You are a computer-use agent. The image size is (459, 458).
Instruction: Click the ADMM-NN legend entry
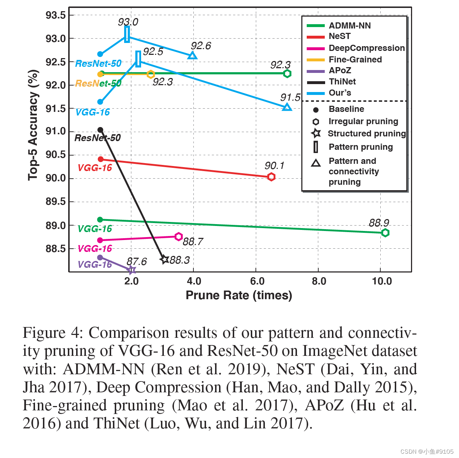[x=349, y=26]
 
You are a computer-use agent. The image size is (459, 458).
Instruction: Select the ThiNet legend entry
[x=342, y=82]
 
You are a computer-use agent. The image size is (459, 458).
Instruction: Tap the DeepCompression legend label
[x=367, y=48]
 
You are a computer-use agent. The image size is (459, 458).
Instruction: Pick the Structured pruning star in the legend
[x=316, y=134]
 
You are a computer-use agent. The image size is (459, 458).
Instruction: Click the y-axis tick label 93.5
[x=56, y=16]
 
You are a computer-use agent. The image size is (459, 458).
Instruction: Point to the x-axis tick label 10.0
[x=381, y=281]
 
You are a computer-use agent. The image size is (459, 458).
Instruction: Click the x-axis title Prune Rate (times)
[x=239, y=295]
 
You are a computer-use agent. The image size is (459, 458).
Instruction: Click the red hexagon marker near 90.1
[x=271, y=176]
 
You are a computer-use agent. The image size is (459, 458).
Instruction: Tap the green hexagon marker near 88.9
[x=385, y=233]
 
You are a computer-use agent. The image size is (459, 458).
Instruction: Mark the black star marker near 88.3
[x=165, y=259]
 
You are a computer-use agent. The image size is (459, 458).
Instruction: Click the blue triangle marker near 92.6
[x=193, y=55]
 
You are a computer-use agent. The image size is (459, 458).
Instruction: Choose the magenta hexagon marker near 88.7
[x=178, y=237]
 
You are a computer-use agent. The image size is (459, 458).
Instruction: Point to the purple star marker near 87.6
[x=132, y=270]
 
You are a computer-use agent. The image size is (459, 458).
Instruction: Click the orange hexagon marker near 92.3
[x=151, y=74]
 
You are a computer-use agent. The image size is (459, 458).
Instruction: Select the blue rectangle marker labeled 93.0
[x=127, y=34]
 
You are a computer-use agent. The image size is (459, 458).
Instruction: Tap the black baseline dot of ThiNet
[x=100, y=130]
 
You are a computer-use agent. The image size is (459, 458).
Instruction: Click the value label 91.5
[x=290, y=97]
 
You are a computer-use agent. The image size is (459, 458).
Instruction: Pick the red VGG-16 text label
[x=95, y=168]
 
